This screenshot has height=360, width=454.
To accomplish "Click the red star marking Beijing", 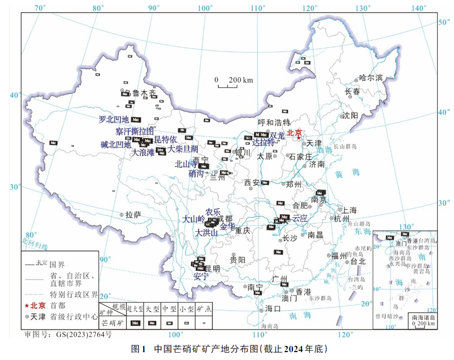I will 298,138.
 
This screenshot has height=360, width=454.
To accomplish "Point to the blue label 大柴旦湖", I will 183,149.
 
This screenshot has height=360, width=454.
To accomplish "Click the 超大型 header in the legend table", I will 135,309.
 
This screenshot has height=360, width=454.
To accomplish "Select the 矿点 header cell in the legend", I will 204,309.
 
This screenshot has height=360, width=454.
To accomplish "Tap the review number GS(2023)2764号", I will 67,334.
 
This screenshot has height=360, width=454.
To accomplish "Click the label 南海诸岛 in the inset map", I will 422,317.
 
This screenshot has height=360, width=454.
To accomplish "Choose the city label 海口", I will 273,309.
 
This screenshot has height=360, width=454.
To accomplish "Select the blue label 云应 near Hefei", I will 300,218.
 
